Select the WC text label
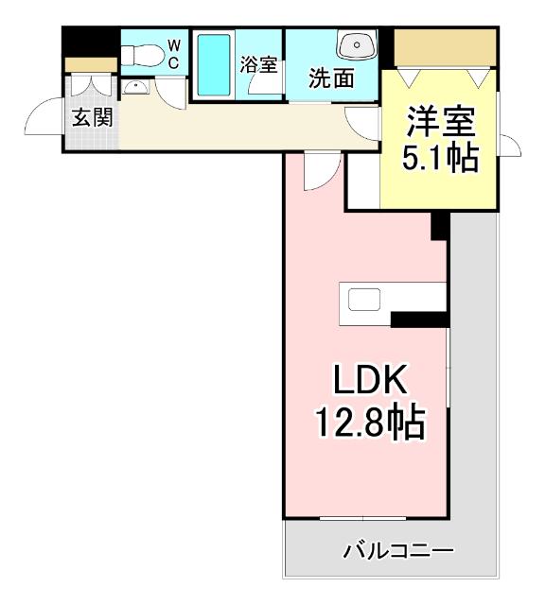tap(174, 53)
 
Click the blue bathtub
tap(214, 62)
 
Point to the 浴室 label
tap(258, 65)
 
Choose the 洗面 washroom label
tap(331, 78)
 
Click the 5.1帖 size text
tap(440, 158)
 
